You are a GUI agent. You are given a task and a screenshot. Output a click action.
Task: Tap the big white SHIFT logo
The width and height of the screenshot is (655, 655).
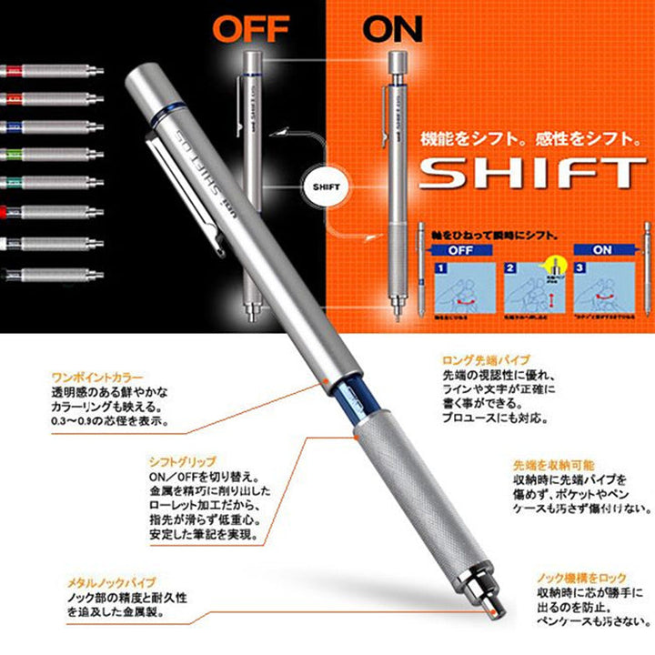coord(531,173)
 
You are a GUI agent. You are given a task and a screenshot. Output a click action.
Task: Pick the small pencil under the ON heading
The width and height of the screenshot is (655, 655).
coord(398,182)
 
